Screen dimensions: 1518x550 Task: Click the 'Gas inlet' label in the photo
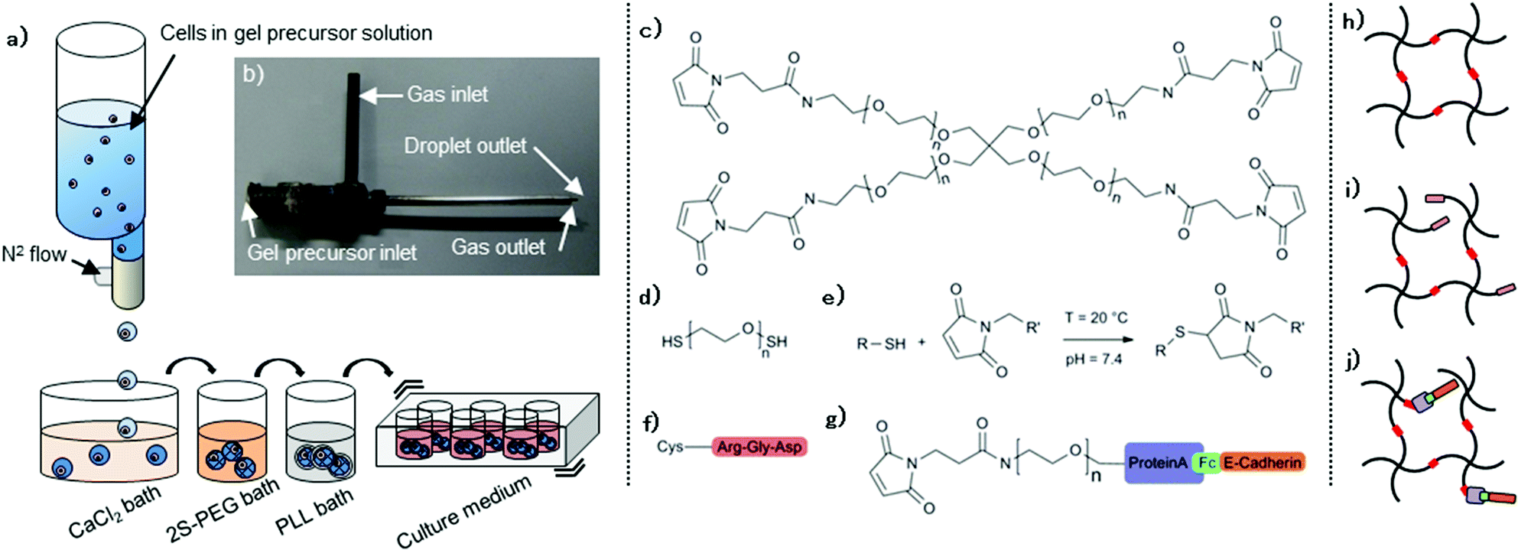tap(447, 94)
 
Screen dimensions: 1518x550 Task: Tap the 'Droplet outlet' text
tap(465, 145)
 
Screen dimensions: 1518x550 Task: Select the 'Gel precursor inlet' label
tap(332, 252)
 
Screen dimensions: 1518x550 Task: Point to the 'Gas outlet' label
tap(498, 247)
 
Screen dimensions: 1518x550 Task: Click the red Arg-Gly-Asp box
tap(759, 447)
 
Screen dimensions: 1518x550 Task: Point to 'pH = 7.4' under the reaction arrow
tap(1094, 359)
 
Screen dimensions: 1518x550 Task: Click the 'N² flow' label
tap(34, 254)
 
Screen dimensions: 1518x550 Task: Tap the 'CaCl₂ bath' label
tap(115, 513)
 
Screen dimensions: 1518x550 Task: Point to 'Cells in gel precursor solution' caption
tap(296, 33)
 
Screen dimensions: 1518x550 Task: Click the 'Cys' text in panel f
tap(670, 446)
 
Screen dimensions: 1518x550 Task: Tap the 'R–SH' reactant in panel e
tap(881, 343)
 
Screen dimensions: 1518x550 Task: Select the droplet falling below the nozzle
tap(127, 332)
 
